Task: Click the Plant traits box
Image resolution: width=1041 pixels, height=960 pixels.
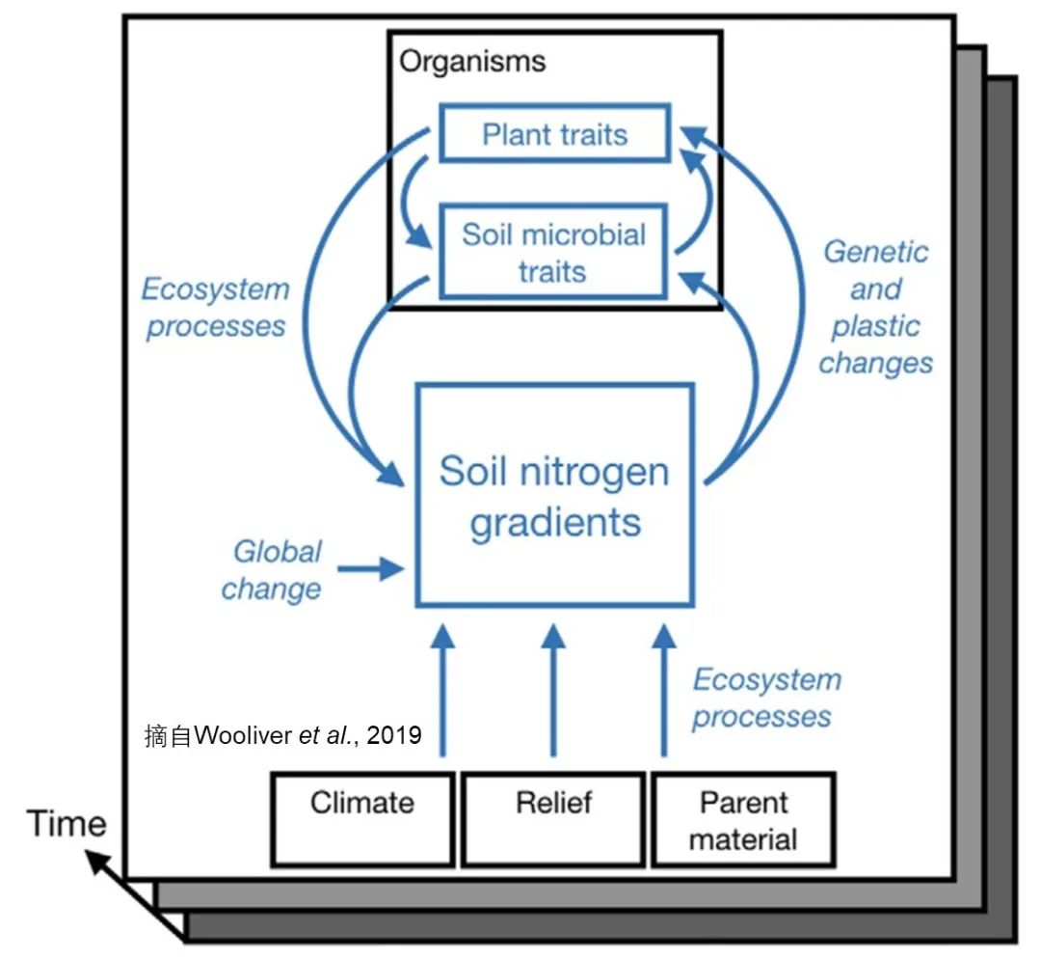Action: point(554,133)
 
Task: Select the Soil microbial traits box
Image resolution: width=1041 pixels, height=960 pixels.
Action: point(552,252)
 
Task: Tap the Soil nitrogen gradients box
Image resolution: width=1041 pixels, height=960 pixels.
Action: point(554,496)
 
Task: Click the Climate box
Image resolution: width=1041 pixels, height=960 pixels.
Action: point(362,818)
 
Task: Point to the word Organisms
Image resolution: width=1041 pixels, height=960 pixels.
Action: point(472,62)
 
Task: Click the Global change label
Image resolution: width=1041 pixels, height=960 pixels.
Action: point(273,569)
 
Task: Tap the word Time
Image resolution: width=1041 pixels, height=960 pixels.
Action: point(66,824)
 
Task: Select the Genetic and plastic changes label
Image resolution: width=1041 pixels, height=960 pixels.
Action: point(876,307)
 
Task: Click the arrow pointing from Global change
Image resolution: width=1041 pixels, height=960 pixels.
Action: point(371,568)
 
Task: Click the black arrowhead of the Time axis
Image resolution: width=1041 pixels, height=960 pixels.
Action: point(97,859)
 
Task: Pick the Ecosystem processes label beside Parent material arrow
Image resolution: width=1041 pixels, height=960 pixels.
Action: point(765,698)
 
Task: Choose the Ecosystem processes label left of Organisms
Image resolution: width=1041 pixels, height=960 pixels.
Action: point(215,307)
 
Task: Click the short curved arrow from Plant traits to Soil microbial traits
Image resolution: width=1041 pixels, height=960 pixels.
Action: point(409,203)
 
